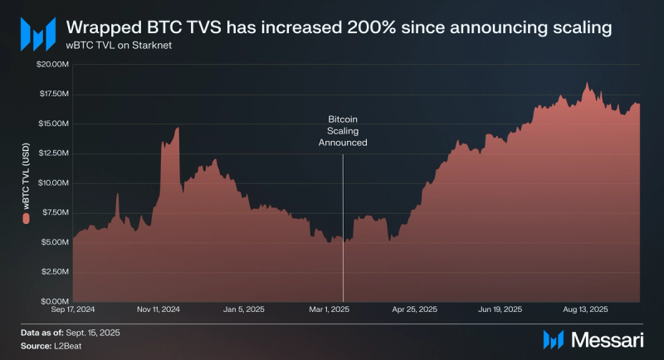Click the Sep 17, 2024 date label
pos(72,309)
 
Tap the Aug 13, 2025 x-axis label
pos(585,309)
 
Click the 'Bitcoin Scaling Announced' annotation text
pos(343,131)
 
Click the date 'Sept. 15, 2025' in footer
pos(98,332)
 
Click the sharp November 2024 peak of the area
pos(178,129)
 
